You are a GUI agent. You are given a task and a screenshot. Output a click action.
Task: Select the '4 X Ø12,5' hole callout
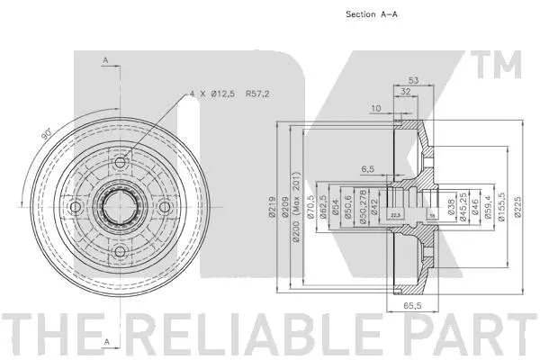214,93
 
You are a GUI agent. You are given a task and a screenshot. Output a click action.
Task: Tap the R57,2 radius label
257,93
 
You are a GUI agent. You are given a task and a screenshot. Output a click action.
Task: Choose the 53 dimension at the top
413,79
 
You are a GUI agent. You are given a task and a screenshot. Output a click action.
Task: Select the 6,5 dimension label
368,168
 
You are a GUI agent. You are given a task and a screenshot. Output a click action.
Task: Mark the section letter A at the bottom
106,341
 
